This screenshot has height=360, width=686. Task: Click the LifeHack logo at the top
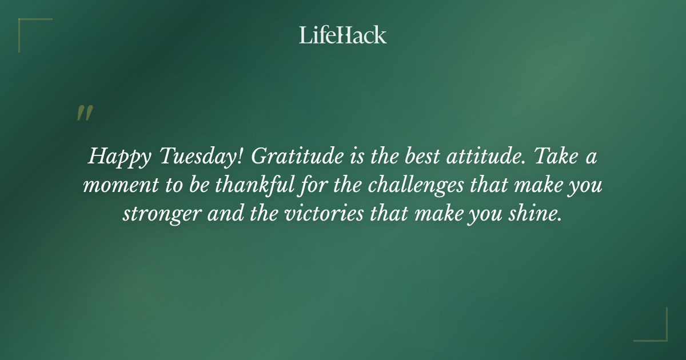click(x=343, y=35)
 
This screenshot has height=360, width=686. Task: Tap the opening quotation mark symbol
click(x=84, y=113)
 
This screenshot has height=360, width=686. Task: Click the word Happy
click(x=111, y=157)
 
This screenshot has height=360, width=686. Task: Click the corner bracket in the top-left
click(x=26, y=26)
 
